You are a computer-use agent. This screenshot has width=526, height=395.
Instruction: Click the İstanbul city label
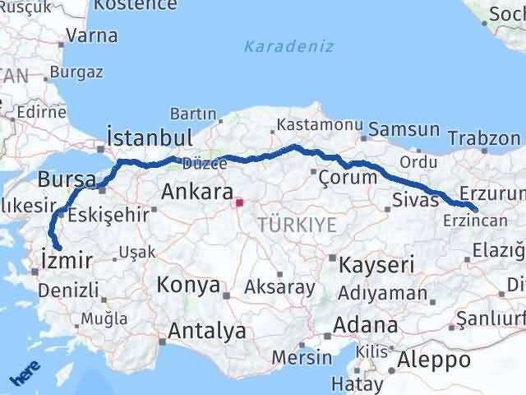150,137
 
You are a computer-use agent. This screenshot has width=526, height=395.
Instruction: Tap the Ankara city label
196,193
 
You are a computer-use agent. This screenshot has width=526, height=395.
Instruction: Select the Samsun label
404,129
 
